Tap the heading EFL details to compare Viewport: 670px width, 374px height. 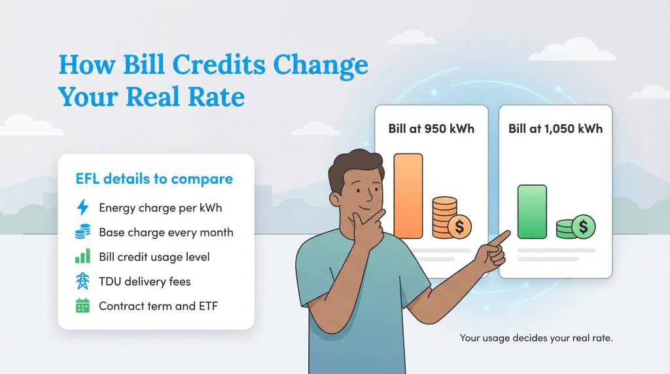154,179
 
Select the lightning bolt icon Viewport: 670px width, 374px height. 82,208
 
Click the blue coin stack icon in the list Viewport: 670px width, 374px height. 82,232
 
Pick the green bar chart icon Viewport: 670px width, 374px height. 82,256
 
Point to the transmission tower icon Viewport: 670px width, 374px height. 82,281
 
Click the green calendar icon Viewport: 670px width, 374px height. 82,305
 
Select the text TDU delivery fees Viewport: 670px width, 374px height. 145,281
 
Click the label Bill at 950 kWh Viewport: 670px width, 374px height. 431,128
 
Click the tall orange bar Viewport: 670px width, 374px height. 408,195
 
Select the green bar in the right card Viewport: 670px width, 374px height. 532,211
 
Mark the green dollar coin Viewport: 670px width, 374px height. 582,227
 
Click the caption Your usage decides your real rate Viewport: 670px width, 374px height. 536,338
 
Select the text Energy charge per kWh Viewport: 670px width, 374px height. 160,208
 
